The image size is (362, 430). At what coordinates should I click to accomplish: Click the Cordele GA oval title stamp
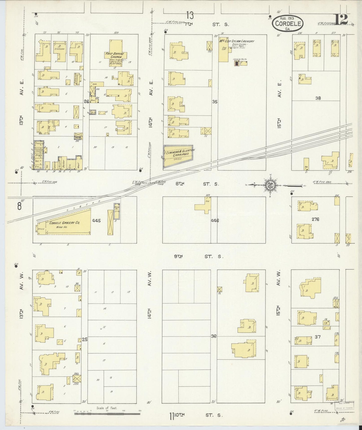pyautogui.click(x=288, y=23)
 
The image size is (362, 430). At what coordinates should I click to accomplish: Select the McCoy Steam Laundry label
pyautogui.click(x=237, y=41)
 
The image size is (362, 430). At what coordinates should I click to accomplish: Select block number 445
pyautogui.click(x=96, y=221)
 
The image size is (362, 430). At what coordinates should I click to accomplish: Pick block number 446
pyautogui.click(x=215, y=221)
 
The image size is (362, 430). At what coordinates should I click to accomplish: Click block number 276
pyautogui.click(x=315, y=219)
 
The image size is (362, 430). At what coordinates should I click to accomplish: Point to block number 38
pyautogui.click(x=318, y=98)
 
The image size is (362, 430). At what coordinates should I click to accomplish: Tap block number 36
pyautogui.click(x=213, y=336)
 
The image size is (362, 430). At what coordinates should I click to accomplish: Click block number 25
pyautogui.click(x=85, y=339)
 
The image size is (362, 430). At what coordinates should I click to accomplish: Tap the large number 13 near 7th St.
pyautogui.click(x=190, y=16)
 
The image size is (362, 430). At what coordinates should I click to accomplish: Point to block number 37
pyautogui.click(x=318, y=337)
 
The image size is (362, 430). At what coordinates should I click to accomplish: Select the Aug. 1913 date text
pyautogui.click(x=287, y=18)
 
